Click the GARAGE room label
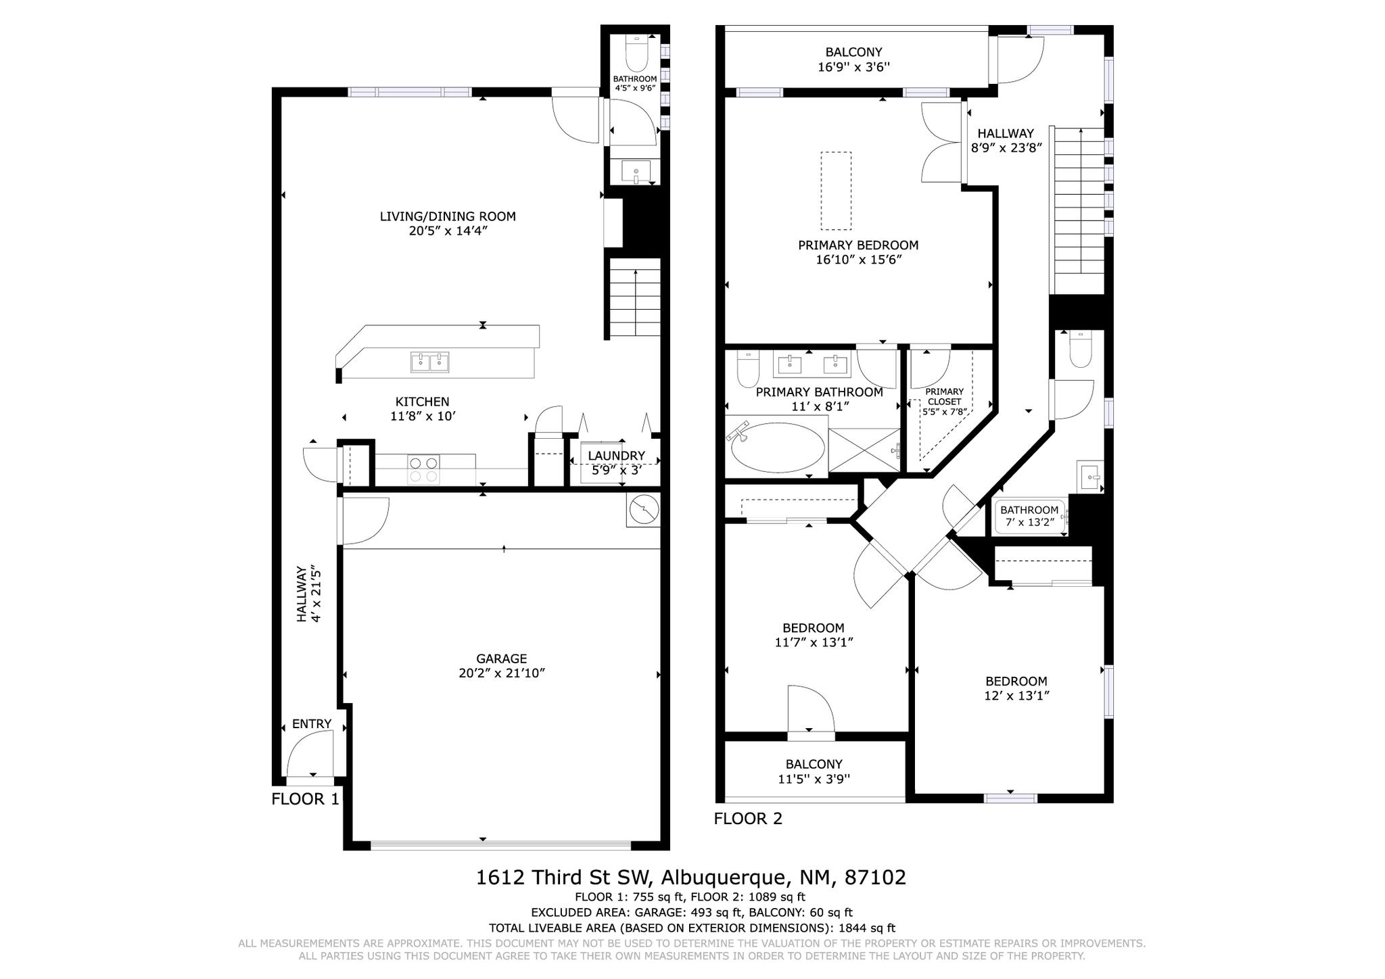pyautogui.click(x=501, y=659)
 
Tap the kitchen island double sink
pyautogui.click(x=430, y=362)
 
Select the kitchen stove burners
pyautogui.click(x=424, y=470)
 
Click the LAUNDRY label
pyautogui.click(x=616, y=456)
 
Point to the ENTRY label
pyautogui.click(x=312, y=724)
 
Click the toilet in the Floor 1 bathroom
pyautogui.click(x=636, y=53)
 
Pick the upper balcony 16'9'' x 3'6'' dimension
pyautogui.click(x=854, y=67)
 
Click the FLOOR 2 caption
pyautogui.click(x=748, y=819)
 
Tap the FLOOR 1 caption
pyautogui.click(x=305, y=799)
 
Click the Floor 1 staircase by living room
pyautogui.click(x=635, y=297)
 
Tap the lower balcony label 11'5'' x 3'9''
pyautogui.click(x=814, y=779)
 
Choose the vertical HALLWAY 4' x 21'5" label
pyautogui.click(x=308, y=594)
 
